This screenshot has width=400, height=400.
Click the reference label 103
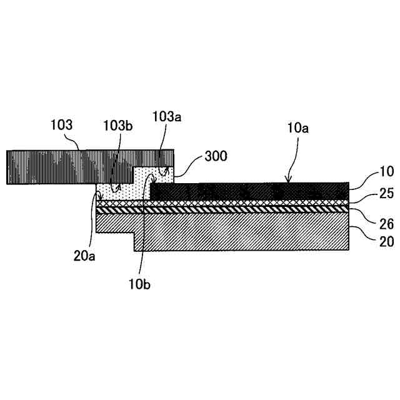point(61,125)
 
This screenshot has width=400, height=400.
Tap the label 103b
point(118,126)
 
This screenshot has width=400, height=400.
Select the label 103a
point(167,117)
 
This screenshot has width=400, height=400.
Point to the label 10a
point(297,127)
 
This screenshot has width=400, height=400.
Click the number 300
point(216,156)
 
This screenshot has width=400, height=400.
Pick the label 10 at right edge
point(387,171)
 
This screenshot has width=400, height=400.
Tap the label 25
point(387,193)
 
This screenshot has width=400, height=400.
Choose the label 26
point(387,224)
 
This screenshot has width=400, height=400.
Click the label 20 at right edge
point(387,241)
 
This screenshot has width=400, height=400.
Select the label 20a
point(84,256)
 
